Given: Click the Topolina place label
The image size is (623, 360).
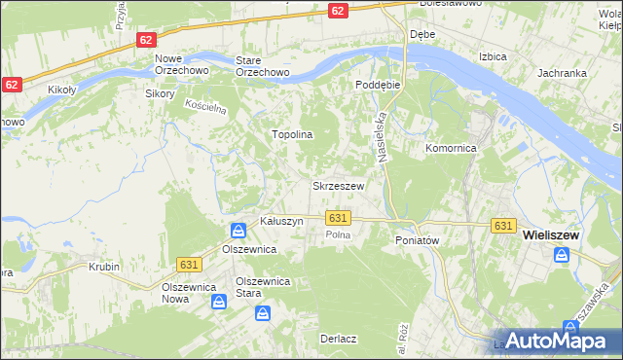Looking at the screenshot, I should point(291,134).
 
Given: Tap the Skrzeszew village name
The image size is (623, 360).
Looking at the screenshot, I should point(338,185).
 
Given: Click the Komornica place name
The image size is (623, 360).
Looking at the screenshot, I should point(450,148).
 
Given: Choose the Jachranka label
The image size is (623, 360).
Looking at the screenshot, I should point(561,73).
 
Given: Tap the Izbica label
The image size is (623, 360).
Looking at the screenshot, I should point(493,56).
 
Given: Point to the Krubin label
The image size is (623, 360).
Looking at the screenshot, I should point(103,266).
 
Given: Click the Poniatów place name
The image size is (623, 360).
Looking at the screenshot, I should point(419,239).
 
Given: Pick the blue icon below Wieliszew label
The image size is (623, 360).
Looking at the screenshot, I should point(563,255).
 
